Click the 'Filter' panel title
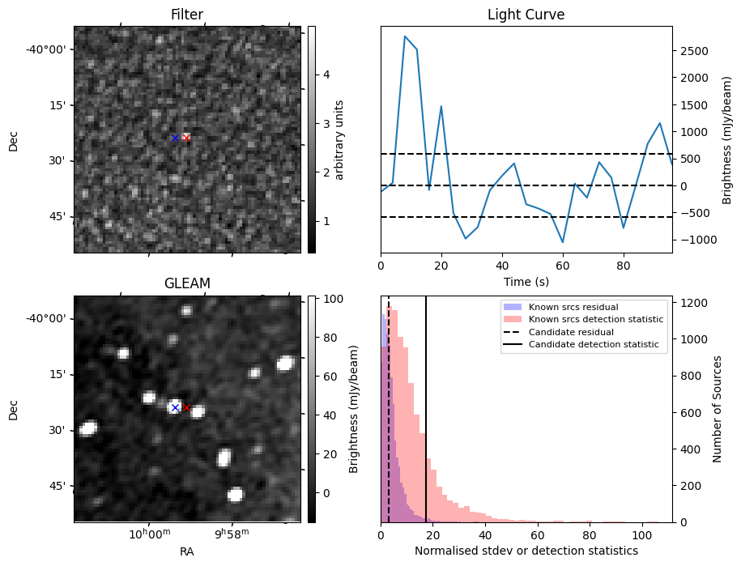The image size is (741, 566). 187,15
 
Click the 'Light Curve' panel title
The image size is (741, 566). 526,15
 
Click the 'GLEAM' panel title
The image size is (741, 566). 187,283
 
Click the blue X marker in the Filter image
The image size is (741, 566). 175,138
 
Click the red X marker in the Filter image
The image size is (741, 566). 187,138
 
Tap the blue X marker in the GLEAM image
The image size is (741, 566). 175,407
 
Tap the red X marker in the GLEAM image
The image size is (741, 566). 187,407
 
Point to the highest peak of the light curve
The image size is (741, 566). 405,36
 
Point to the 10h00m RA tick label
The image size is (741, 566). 150,534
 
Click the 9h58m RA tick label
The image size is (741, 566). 232,534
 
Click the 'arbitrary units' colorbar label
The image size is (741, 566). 339,139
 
